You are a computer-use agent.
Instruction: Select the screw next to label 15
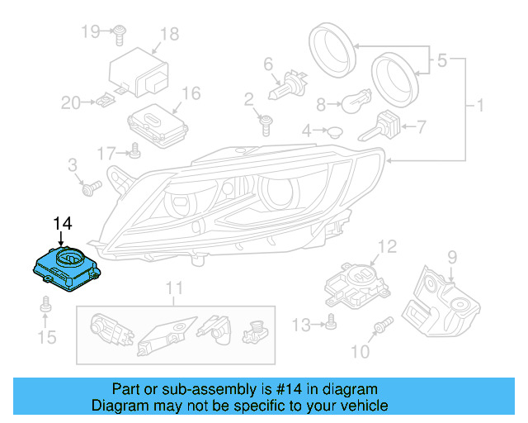point(45,308)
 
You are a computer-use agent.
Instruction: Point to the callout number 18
point(169,34)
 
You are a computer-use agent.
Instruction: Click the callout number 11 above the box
point(173,289)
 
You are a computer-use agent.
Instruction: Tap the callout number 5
point(442,60)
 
